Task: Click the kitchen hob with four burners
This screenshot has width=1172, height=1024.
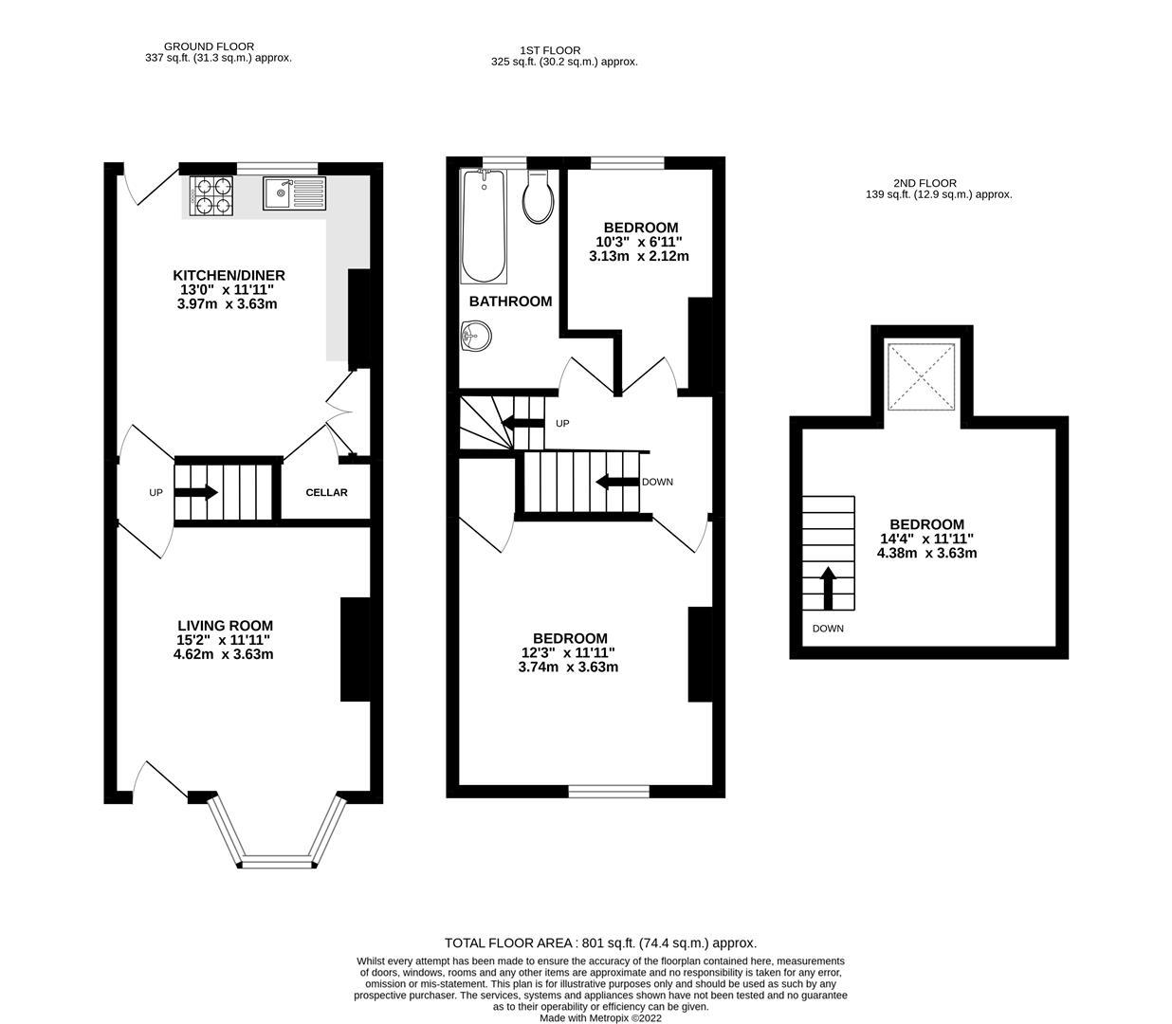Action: click(x=211, y=194)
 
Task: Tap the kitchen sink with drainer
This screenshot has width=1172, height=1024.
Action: click(x=294, y=194)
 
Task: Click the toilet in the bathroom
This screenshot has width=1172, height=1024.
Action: click(x=538, y=197)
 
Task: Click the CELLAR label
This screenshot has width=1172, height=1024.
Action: click(x=326, y=492)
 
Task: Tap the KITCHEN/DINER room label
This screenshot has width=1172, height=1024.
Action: click(x=228, y=275)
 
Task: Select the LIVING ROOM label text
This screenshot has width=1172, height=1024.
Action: click(x=225, y=626)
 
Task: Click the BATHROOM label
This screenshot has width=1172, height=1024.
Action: click(x=510, y=302)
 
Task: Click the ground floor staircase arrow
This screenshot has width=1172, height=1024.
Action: click(x=197, y=492)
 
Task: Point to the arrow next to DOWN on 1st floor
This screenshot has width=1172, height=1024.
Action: click(x=616, y=482)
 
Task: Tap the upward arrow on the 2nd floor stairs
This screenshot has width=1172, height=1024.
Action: click(x=828, y=588)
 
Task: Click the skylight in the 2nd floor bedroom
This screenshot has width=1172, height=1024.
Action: click(x=921, y=376)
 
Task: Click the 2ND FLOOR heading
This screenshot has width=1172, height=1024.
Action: click(x=925, y=183)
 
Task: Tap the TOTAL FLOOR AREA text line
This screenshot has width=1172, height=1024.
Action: click(x=600, y=943)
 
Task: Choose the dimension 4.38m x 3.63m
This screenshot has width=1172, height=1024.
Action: click(x=926, y=553)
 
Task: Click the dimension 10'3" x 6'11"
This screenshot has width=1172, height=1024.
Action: click(x=640, y=242)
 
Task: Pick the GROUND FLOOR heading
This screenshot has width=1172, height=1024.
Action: click(x=209, y=46)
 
